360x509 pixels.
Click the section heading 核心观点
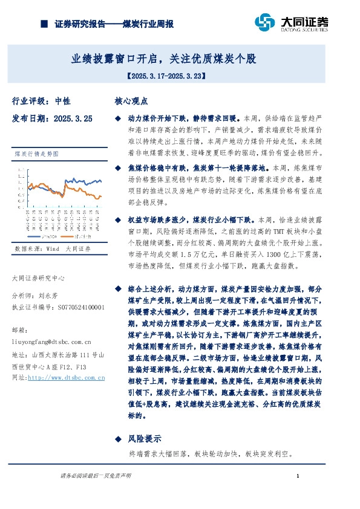[131, 101]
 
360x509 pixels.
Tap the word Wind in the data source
[52, 248]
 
